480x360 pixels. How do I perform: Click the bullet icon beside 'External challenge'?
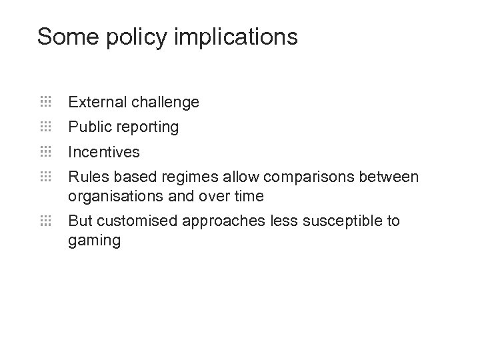(x=45, y=102)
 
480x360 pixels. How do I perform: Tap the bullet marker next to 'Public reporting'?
(x=45, y=127)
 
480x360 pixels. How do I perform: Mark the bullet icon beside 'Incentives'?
(x=45, y=151)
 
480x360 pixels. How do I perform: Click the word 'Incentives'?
(x=104, y=152)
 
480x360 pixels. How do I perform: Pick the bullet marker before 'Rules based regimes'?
(x=45, y=177)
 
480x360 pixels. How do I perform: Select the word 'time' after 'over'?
(x=249, y=197)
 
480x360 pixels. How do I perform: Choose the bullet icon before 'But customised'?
(x=45, y=221)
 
